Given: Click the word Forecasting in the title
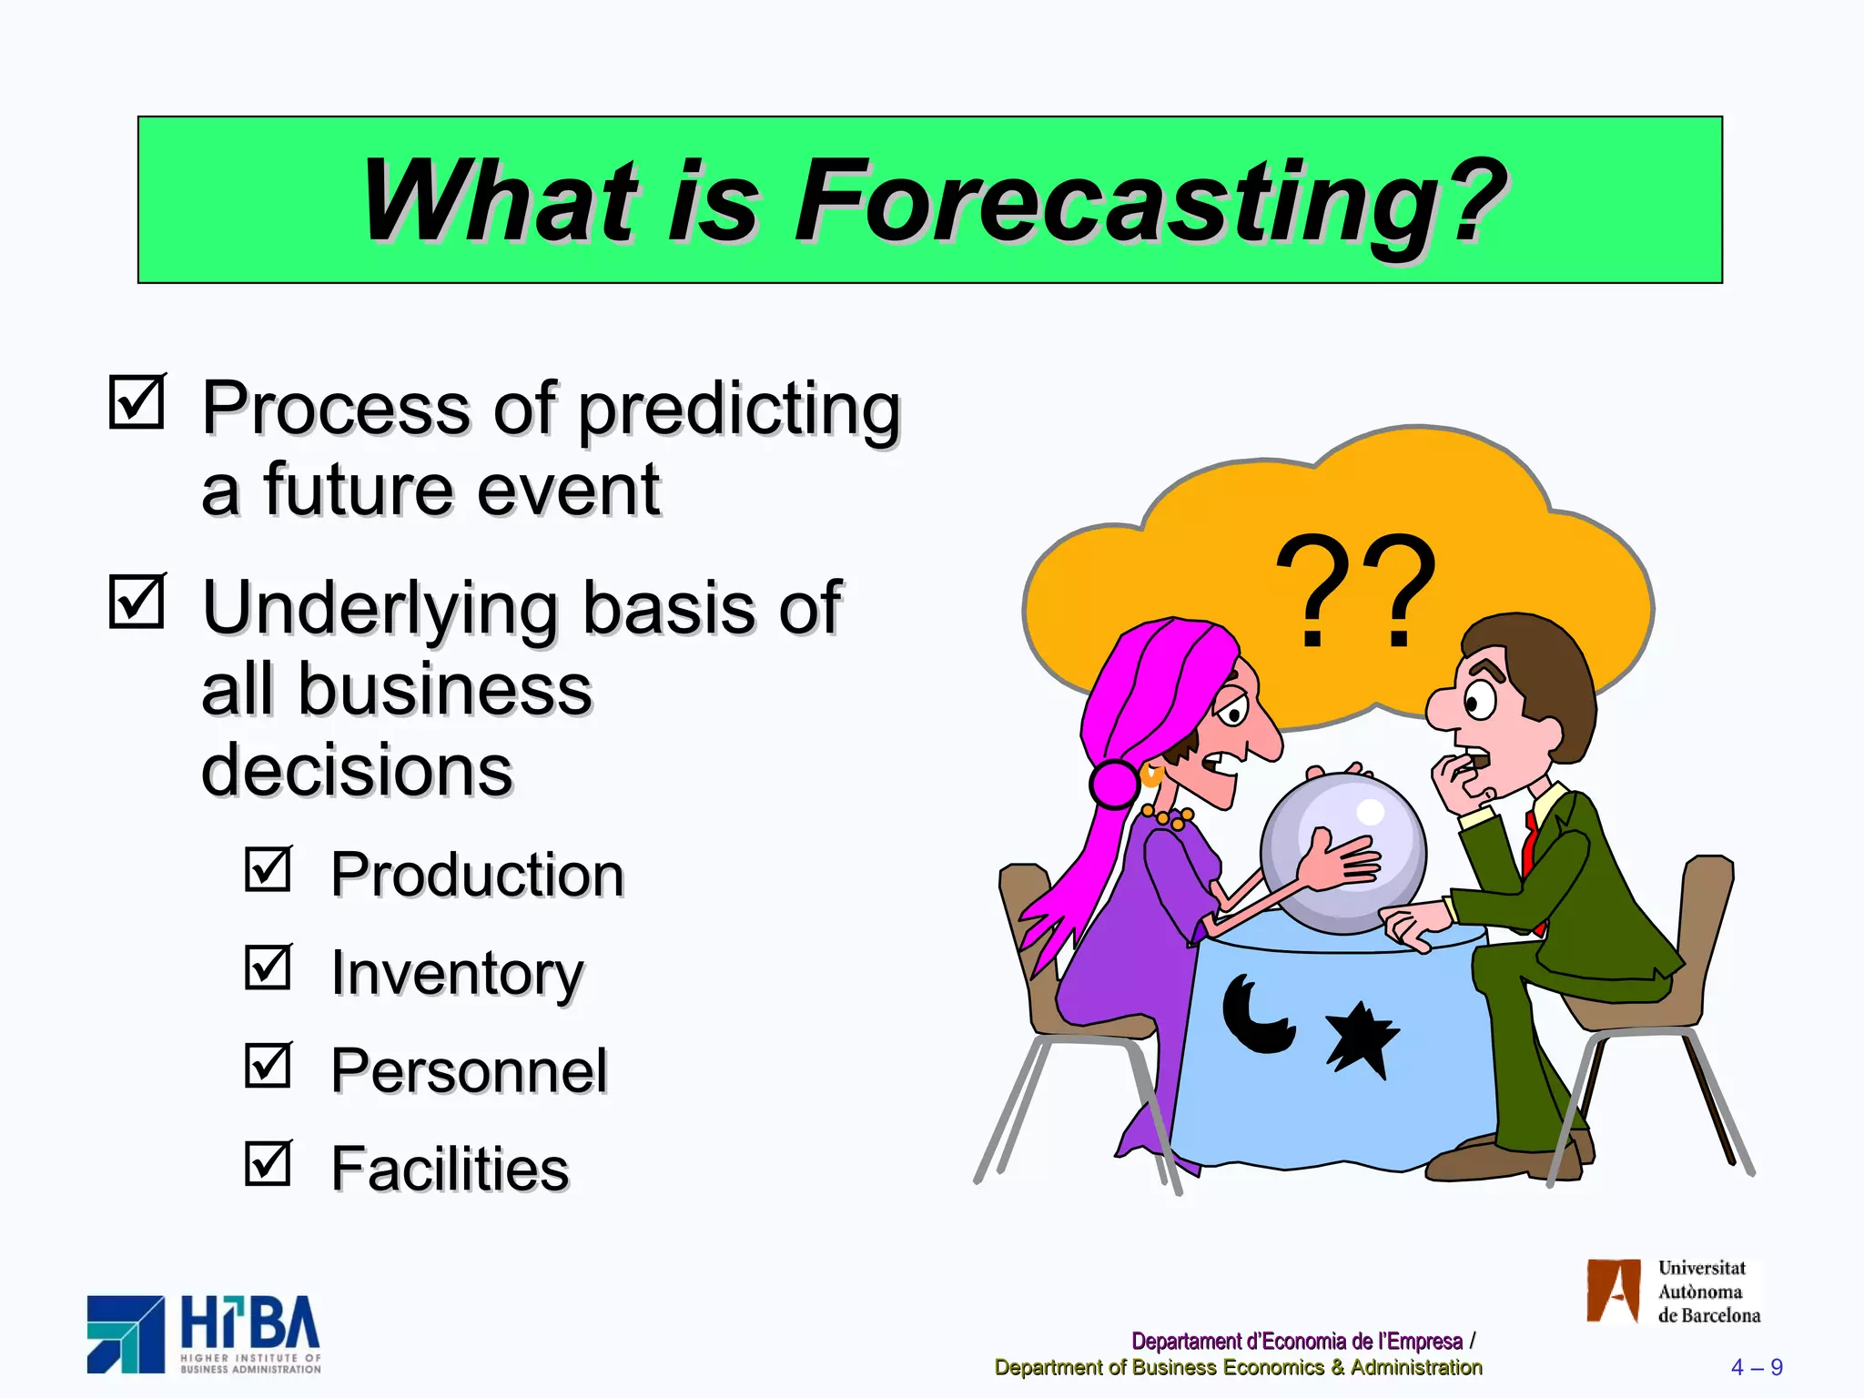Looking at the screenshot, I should point(1150,202).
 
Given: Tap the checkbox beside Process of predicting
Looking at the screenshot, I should point(137,401).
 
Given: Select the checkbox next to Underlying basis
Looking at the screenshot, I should point(137,602).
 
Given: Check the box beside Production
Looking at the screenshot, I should point(268,868).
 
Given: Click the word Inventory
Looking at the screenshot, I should point(457,973).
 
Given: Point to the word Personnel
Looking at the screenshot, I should point(469,1070).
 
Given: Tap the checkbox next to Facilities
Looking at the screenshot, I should point(268,1162).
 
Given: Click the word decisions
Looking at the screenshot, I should point(357,770).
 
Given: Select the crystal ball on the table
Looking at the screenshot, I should point(1343,851).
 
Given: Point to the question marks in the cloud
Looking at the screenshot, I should point(1356,592).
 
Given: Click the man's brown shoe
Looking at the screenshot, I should point(1493,1160).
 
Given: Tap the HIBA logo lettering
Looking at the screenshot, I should point(249,1324).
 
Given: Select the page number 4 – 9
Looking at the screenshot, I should point(1756,1367).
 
